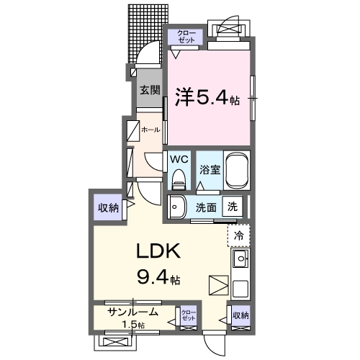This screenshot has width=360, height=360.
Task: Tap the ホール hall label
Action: tap(150, 130)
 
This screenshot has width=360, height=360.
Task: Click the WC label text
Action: tap(179, 158)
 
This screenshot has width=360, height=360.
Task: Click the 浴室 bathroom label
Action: tap(209, 171)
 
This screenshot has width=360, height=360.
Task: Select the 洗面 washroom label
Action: tap(206, 207)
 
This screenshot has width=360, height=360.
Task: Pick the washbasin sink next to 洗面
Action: tap(177, 207)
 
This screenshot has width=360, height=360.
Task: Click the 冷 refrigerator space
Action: tap(240, 234)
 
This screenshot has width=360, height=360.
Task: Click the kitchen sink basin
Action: tap(240, 258)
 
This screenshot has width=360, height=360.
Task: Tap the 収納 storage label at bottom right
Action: tap(240, 315)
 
